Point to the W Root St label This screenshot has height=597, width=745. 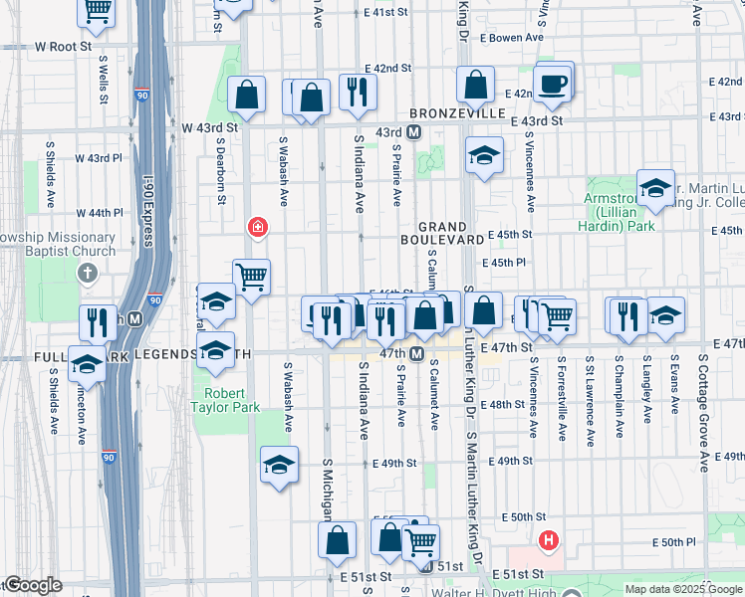[63, 46]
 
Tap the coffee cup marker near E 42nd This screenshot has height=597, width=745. [553, 84]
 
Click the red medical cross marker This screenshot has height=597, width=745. [258, 229]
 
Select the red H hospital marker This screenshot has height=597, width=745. [547, 541]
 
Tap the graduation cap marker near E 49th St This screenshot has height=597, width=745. [280, 464]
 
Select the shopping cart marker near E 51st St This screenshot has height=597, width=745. [421, 543]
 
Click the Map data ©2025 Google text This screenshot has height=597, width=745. [682, 589]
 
